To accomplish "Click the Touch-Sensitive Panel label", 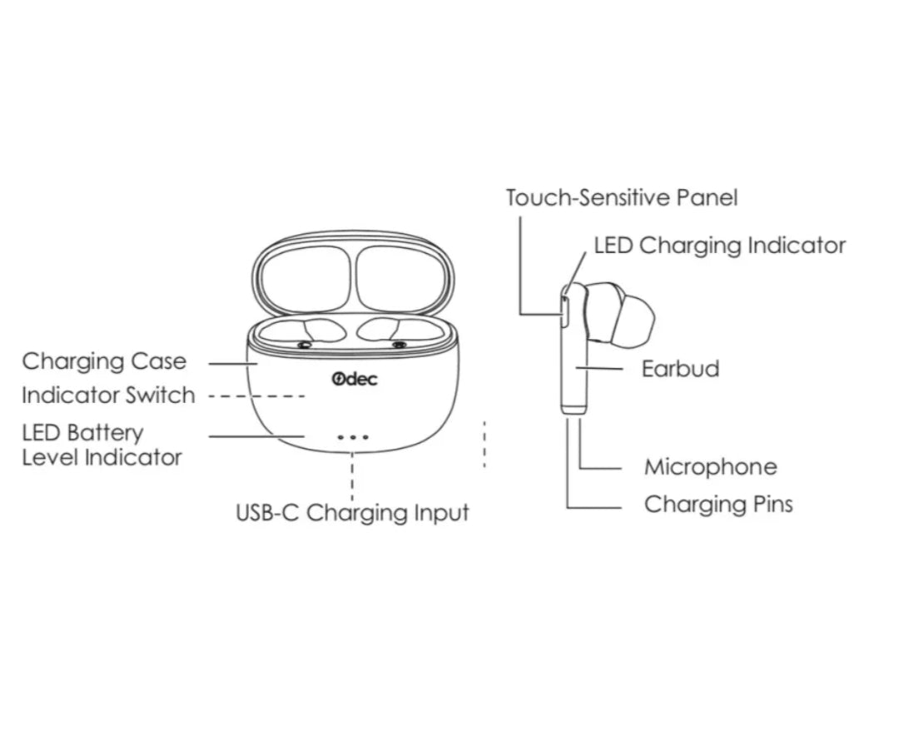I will point(621,198).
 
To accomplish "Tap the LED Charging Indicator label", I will point(719,246).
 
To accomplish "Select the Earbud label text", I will point(680,369).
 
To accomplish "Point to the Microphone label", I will point(710,467).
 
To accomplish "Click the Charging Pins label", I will point(718,504).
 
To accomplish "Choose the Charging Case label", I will point(104,362).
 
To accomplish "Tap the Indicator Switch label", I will point(108,395).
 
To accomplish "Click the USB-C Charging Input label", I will point(352,513).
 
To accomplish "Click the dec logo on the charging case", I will point(354,380).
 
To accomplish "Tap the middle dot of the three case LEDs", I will point(352,437).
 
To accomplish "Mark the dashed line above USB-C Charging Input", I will point(352,474).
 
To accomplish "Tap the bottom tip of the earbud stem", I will point(574,407).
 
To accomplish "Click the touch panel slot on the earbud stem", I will point(564,310).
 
